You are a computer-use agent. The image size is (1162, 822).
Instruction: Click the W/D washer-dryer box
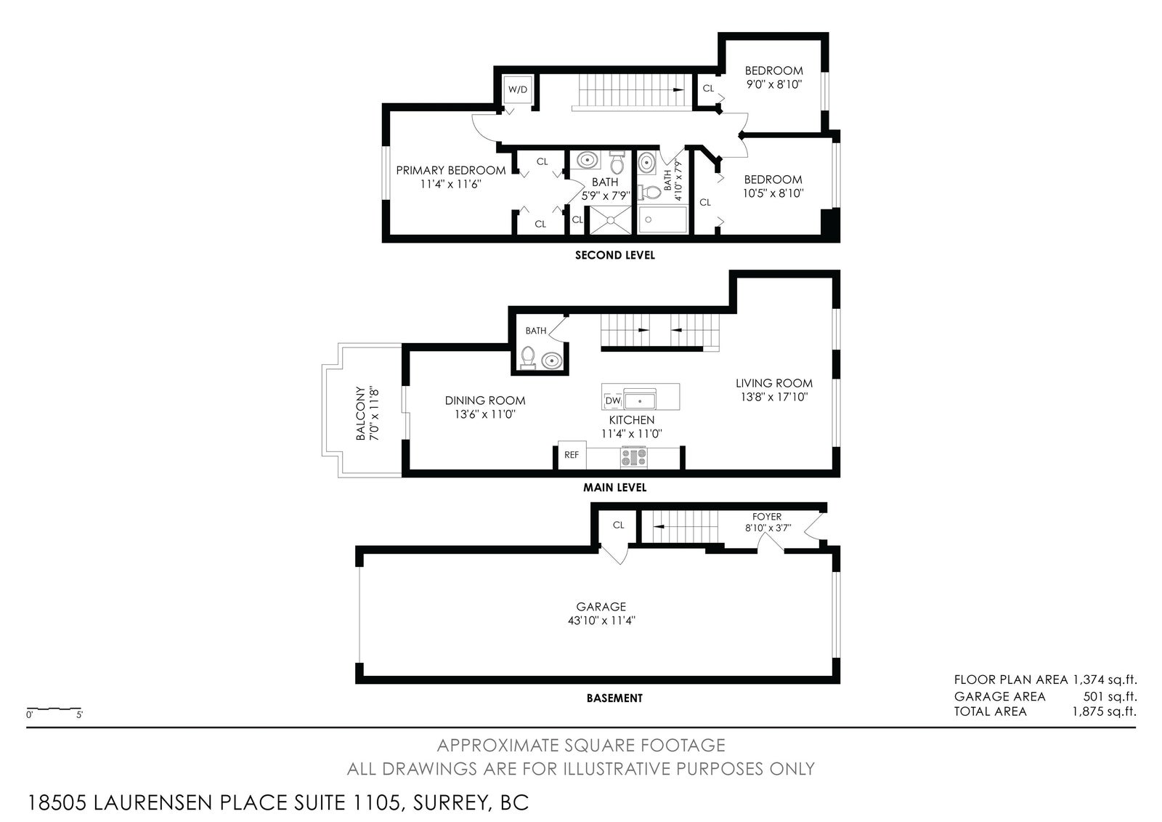(517, 89)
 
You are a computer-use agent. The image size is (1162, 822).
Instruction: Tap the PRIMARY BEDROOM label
(451, 170)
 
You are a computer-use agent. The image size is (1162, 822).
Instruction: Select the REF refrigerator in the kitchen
(572, 455)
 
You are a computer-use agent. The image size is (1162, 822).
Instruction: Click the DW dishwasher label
(613, 401)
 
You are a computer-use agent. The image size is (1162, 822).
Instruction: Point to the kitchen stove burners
(634, 457)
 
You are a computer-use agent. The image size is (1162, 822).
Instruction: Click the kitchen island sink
(640, 400)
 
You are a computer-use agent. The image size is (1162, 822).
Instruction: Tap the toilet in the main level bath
(527, 358)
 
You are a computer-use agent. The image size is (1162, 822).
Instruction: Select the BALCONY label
(360, 414)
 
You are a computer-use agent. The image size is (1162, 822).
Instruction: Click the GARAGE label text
(601, 606)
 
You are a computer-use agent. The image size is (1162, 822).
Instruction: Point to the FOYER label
(767, 517)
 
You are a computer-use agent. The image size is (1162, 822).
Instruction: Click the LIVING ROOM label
(774, 383)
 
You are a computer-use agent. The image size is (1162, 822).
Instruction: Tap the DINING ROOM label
(485, 400)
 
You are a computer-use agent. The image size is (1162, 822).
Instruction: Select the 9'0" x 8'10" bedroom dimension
(774, 84)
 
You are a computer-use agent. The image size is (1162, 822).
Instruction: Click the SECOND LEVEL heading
(614, 255)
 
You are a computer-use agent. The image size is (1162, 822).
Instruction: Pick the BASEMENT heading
(614, 698)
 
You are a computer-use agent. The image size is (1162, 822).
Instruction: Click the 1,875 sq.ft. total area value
(1105, 711)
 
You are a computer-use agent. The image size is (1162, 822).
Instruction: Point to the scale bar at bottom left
(54, 709)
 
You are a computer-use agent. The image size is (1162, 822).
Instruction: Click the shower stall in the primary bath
(611, 220)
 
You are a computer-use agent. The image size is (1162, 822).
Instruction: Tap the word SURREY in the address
(450, 802)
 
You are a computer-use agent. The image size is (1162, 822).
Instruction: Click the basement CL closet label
(618, 525)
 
